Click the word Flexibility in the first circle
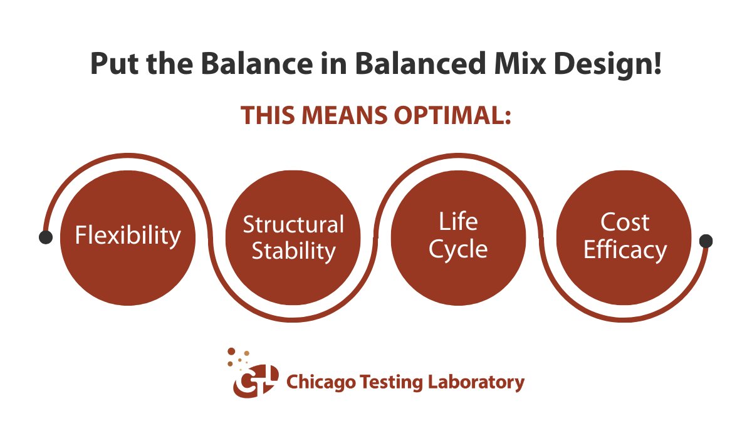click(x=128, y=236)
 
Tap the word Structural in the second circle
click(x=293, y=224)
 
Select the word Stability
click(x=293, y=251)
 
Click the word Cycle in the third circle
click(x=458, y=249)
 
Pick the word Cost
click(x=624, y=222)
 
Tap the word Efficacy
click(x=624, y=250)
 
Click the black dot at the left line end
click(x=46, y=237)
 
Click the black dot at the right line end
click(x=706, y=241)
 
